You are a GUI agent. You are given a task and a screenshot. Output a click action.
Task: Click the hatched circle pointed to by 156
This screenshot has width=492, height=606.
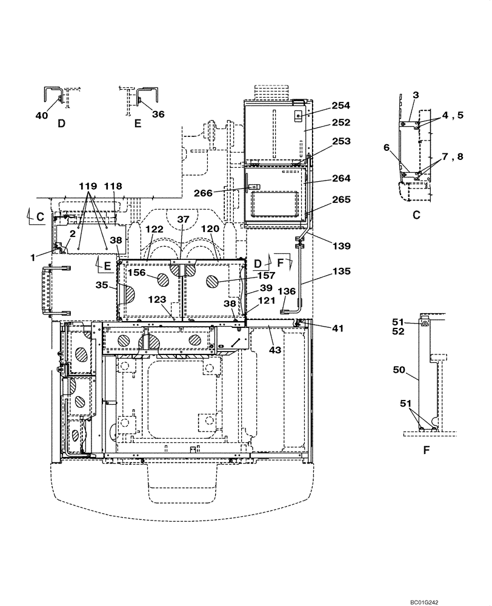[x=163, y=279]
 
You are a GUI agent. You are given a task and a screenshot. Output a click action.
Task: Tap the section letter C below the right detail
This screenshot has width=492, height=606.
[x=416, y=214]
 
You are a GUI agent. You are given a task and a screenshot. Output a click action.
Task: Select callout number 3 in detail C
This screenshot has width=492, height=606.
[x=416, y=96]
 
